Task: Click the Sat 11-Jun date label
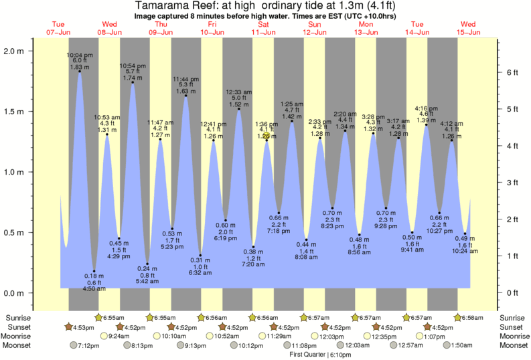point(264,28)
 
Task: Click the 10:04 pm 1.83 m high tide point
point(80,72)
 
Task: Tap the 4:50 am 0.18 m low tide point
point(94,271)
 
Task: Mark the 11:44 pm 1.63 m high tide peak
point(185,96)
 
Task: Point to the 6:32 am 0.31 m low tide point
point(200,255)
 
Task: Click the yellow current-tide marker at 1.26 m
point(266,136)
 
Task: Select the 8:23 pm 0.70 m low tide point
point(332,208)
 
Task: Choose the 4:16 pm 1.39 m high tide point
point(426,124)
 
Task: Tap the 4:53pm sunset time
point(84,327)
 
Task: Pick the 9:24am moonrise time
point(119,336)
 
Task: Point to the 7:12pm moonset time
point(89,345)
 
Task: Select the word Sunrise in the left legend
point(18,317)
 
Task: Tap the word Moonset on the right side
point(512,345)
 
